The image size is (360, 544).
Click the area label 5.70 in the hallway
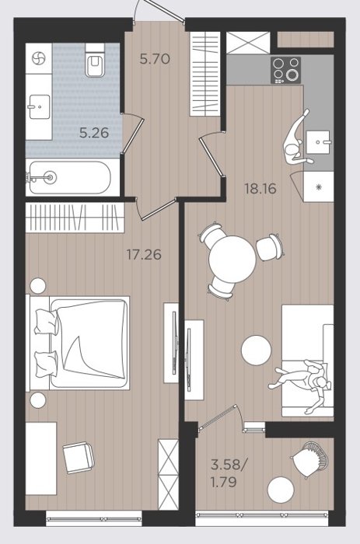click(x=155, y=58)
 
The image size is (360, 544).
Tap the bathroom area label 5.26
click(x=94, y=133)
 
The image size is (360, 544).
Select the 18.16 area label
click(x=260, y=189)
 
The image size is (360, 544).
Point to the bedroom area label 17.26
click(x=144, y=255)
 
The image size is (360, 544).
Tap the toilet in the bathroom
click(x=94, y=60)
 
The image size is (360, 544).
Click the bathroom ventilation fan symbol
click(x=39, y=58)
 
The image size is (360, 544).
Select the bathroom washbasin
click(x=39, y=106)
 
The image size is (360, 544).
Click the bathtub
click(x=68, y=177)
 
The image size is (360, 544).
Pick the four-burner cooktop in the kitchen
click(x=285, y=71)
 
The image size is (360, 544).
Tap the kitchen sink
click(x=318, y=142)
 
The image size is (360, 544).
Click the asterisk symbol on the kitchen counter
click(x=319, y=187)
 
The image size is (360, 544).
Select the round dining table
click(x=232, y=259)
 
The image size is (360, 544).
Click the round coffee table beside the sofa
click(x=257, y=350)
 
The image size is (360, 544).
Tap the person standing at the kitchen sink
click(x=296, y=139)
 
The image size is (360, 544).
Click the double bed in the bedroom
click(x=78, y=343)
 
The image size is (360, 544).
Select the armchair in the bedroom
click(x=78, y=458)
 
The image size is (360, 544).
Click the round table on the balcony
click(x=281, y=490)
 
